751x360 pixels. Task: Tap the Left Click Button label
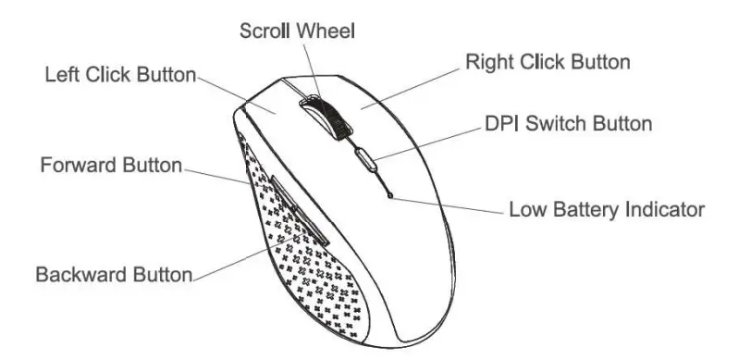click(x=120, y=75)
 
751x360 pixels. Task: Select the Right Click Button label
click(x=548, y=63)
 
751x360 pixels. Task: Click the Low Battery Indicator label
click(x=607, y=209)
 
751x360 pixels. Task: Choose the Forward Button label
click(x=111, y=168)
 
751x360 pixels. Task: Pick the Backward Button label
click(x=114, y=275)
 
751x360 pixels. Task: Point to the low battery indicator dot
click(x=392, y=194)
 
